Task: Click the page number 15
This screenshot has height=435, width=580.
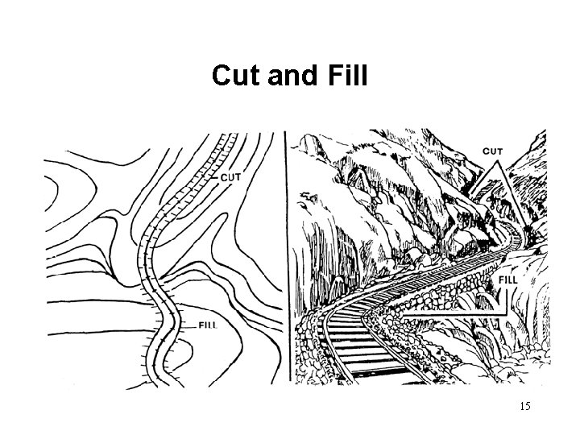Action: click(525, 406)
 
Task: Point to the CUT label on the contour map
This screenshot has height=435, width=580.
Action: click(230, 177)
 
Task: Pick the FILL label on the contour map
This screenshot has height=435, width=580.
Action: click(209, 325)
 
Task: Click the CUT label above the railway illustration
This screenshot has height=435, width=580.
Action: click(493, 151)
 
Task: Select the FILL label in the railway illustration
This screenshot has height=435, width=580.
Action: click(508, 280)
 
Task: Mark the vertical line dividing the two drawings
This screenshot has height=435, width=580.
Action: click(288, 258)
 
